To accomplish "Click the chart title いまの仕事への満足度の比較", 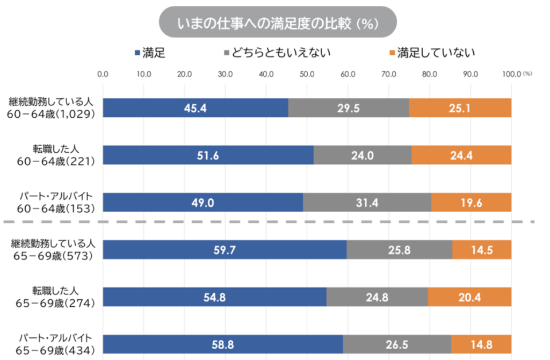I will pos(277,22).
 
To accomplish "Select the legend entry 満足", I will pos(154,52).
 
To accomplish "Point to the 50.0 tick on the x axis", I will pos(307,74).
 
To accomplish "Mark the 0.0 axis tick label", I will pos(103,74).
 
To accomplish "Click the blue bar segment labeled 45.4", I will pos(196,108).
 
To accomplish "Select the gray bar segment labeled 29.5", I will pos(348,108).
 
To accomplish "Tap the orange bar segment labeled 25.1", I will pos(460,108).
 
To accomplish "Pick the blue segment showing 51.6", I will pos(208,155).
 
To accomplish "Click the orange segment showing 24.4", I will pos(461,155).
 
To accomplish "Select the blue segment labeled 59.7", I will pos(225,249).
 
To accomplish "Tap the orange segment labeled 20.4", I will pos(470,297).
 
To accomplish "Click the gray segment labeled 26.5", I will pos(397,344).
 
